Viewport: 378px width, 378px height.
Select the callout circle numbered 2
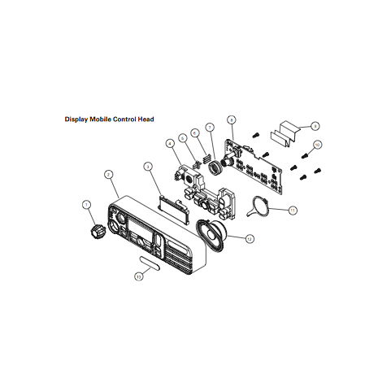pos(109,174)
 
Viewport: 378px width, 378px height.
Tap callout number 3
pos(148,166)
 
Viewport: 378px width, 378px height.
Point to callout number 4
pos(170,144)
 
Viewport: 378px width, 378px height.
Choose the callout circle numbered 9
pos(315,126)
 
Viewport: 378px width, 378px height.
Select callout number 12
pos(250,239)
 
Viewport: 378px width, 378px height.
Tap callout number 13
pos(139,276)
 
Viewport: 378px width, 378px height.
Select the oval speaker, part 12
pos(215,235)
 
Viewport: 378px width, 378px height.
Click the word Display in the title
pos(78,119)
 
